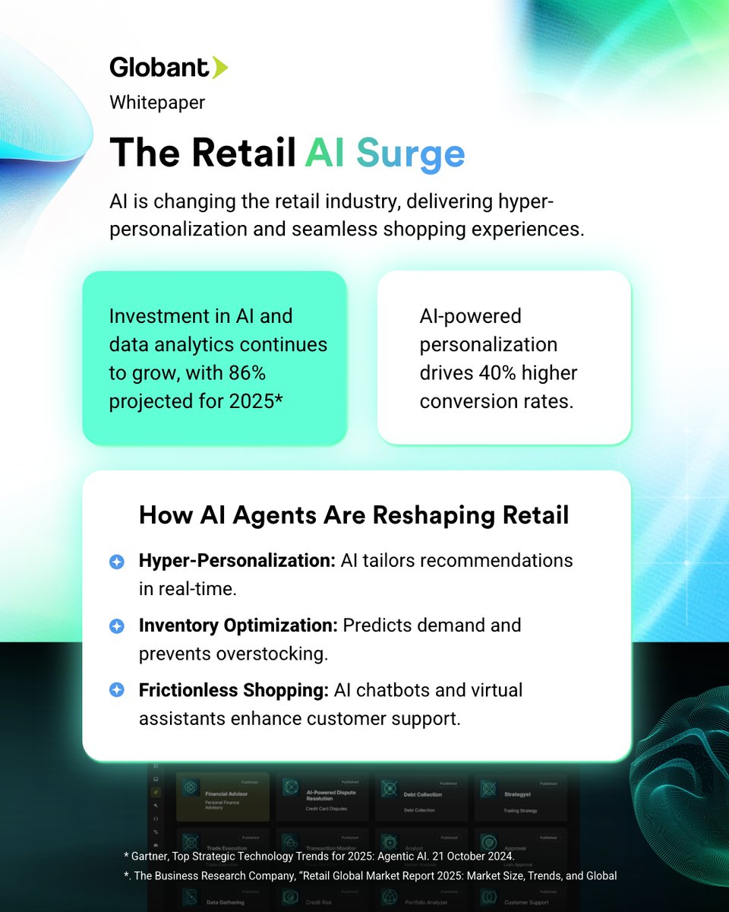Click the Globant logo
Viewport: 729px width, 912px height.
pos(168,68)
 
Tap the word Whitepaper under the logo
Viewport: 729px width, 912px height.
pos(157,102)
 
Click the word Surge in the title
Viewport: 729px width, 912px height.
pos(411,154)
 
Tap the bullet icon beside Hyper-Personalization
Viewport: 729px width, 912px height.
pos(116,562)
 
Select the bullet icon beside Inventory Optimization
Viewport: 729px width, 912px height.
pos(116,626)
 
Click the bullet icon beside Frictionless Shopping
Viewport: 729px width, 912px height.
pos(116,690)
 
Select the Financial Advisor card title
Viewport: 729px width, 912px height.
pos(227,793)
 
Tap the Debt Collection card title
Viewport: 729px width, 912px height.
pos(423,795)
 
